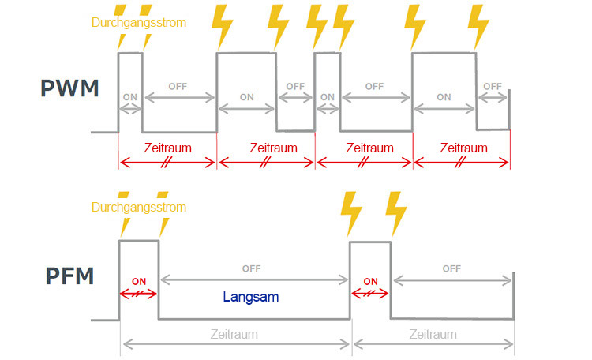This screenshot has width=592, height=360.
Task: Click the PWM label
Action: pos(69,88)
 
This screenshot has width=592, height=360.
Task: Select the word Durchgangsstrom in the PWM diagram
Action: pos(139,22)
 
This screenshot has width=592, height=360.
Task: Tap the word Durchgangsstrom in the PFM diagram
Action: pos(139,208)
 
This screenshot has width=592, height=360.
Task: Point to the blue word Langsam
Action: pos(251,298)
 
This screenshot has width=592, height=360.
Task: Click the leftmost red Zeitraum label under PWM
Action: pos(167,148)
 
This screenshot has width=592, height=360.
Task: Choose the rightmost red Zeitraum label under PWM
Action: pos(463,148)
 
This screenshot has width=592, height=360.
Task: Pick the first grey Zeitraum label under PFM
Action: pos(234,334)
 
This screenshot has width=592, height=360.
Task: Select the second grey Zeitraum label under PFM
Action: pos(433,334)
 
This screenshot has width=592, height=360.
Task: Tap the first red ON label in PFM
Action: pos(139,280)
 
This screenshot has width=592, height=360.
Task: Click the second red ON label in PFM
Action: pos(369,280)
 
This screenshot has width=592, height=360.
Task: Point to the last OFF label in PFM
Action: pos(451,268)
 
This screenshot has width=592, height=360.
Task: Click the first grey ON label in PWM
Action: pos(130,98)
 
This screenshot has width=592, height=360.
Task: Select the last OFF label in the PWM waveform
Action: pos(493,86)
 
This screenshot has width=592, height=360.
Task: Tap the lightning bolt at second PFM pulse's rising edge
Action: pos(350,211)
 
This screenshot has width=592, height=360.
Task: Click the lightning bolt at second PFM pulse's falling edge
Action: pos(396,211)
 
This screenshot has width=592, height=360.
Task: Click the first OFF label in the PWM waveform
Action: pos(178,86)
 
